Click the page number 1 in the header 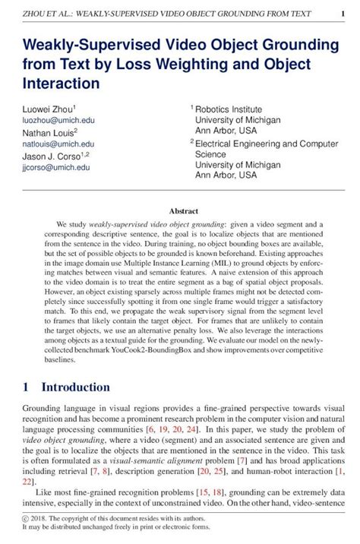tap(343, 14)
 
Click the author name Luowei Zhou tap(46, 109)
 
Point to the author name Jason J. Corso tap(50, 155)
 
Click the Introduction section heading tap(75, 387)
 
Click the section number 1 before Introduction tap(26, 387)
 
